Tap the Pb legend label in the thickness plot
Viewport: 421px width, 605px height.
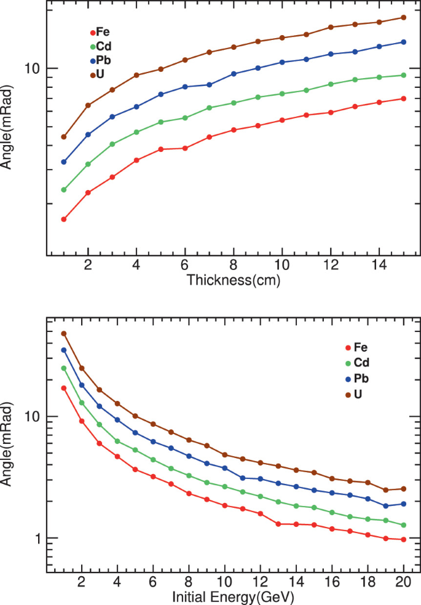[x=103, y=60]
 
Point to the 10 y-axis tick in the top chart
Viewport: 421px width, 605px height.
[x=33, y=68]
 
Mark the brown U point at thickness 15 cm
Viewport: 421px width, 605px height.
[x=403, y=17]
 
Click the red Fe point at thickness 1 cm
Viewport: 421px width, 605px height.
[x=64, y=219]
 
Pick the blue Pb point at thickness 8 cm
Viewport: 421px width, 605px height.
[x=234, y=74]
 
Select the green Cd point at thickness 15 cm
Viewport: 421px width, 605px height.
[x=403, y=75]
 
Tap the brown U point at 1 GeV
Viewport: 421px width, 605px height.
[x=64, y=333]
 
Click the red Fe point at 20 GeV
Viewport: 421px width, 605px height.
[x=403, y=540]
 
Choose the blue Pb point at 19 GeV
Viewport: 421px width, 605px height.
[x=385, y=506]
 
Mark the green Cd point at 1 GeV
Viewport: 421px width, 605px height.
[x=64, y=368]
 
